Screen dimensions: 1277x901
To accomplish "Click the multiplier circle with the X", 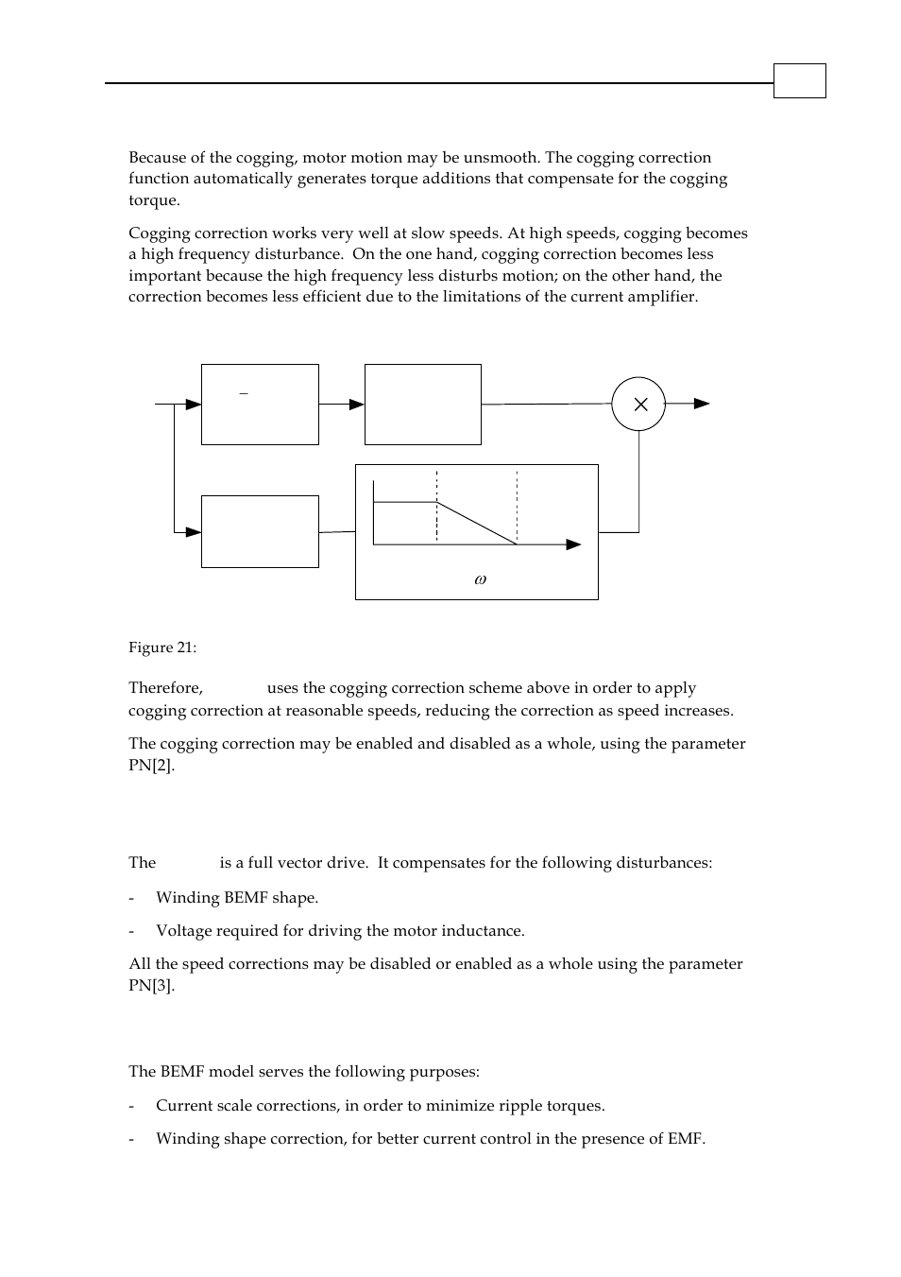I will (638, 404).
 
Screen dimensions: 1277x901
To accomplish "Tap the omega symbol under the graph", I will (480, 579).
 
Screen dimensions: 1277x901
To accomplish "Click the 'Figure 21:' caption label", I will (162, 647).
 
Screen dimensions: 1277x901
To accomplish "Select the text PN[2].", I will (151, 765).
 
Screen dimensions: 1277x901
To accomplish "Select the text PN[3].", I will (151, 985).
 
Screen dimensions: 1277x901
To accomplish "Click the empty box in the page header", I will (799, 80).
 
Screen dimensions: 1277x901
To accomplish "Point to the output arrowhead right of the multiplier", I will (702, 404).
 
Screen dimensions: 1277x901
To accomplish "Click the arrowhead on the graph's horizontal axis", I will (573, 544).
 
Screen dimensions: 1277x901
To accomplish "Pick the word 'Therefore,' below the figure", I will (165, 688).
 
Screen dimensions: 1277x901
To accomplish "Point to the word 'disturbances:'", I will (666, 863).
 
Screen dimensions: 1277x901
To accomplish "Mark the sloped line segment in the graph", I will (476, 523).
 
